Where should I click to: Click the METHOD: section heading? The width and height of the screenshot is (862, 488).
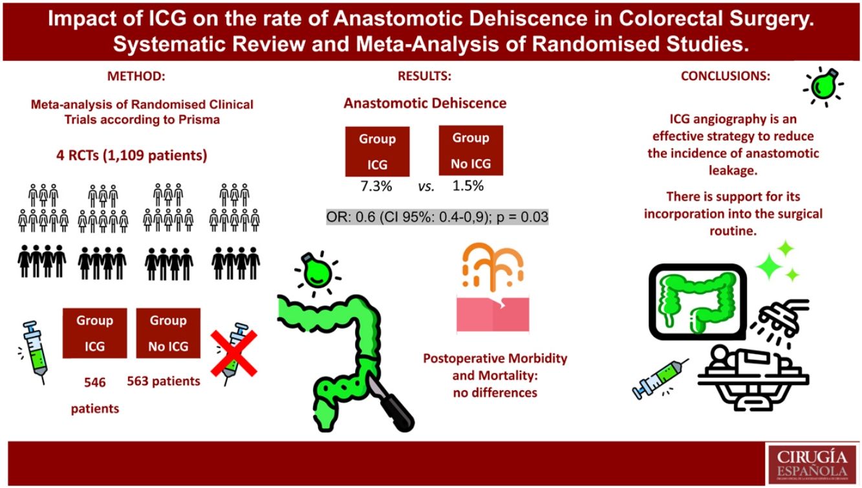136,76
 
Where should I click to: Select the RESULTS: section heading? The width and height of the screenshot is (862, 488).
424,76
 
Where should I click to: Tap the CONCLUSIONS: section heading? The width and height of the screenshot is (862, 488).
725,76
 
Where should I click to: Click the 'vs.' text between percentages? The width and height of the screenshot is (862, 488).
426,187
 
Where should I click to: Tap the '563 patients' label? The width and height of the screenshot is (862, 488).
164,381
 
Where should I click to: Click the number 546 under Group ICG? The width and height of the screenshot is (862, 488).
94,382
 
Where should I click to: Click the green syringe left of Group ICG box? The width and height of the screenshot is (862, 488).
34,349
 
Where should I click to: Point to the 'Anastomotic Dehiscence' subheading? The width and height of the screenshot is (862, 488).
425,104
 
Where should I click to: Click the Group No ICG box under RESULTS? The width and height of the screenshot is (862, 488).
470,151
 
